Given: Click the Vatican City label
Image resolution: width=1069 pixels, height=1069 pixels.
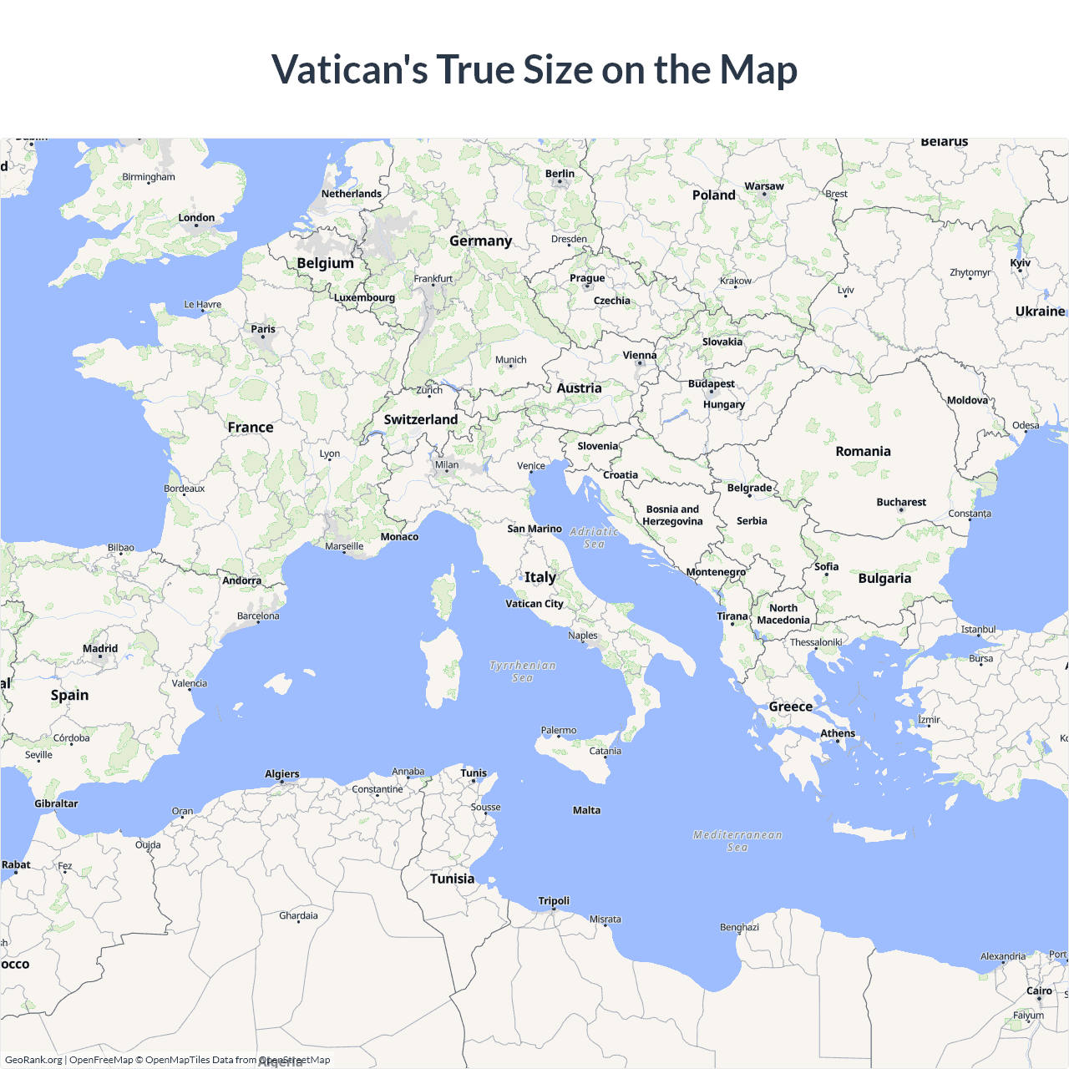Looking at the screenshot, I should click(x=534, y=604).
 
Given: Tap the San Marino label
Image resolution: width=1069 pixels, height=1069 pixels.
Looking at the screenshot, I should click(x=534, y=529).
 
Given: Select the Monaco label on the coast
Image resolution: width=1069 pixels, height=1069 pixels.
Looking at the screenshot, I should click(x=399, y=537).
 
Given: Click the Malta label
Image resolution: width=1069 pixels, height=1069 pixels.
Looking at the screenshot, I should click(x=586, y=810).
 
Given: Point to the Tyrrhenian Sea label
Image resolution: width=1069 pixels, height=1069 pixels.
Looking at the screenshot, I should click(x=523, y=671).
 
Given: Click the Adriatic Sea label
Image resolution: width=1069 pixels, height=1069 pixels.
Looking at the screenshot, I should click(x=594, y=537).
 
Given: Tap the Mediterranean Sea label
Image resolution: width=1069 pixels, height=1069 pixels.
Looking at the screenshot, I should click(x=737, y=841).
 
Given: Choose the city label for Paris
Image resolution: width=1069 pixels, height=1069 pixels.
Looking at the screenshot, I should click(x=263, y=329).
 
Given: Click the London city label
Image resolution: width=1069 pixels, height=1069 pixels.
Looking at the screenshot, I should click(x=196, y=218).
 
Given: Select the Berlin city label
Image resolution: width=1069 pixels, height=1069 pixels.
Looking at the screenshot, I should click(x=560, y=174).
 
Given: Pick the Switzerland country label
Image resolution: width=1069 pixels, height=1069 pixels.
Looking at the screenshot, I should click(x=421, y=419).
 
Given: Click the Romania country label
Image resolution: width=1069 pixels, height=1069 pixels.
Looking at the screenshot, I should click(x=863, y=451).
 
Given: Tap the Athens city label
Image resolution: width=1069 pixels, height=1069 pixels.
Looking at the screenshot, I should click(x=838, y=733).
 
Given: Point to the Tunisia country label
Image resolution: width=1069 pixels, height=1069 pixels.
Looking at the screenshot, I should click(x=452, y=879).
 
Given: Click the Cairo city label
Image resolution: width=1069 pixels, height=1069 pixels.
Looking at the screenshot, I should click(x=1039, y=990).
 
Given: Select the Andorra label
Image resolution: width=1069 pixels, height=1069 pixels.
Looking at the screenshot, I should click(x=241, y=580).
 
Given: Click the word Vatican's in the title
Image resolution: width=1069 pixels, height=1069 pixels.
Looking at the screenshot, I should click(x=349, y=69).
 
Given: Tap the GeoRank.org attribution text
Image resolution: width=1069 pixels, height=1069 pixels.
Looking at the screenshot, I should click(x=33, y=1060).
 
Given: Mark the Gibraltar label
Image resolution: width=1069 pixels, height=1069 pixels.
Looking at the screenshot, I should click(x=56, y=803).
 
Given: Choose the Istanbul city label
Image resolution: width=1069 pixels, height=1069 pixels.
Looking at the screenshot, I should click(x=978, y=630).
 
